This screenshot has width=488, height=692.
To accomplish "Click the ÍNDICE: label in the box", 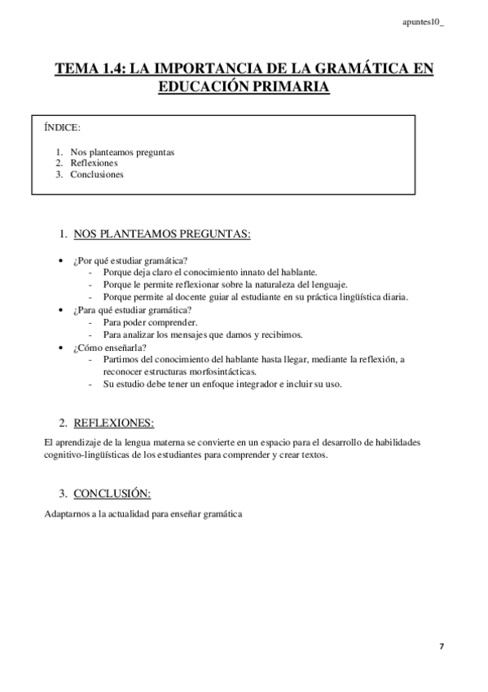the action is (x=62, y=128).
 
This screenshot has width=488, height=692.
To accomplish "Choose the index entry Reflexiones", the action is (x=95, y=162).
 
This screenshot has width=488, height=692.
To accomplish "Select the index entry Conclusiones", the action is (x=97, y=174).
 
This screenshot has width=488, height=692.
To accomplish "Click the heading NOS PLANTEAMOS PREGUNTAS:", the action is (x=162, y=235).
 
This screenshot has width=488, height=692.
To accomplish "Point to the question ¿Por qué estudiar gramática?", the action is (x=130, y=260).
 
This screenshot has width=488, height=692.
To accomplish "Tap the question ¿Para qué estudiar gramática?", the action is (x=132, y=310).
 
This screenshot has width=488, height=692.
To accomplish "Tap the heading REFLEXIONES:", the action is (x=113, y=423).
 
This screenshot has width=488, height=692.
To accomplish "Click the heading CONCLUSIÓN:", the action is (x=112, y=494).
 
